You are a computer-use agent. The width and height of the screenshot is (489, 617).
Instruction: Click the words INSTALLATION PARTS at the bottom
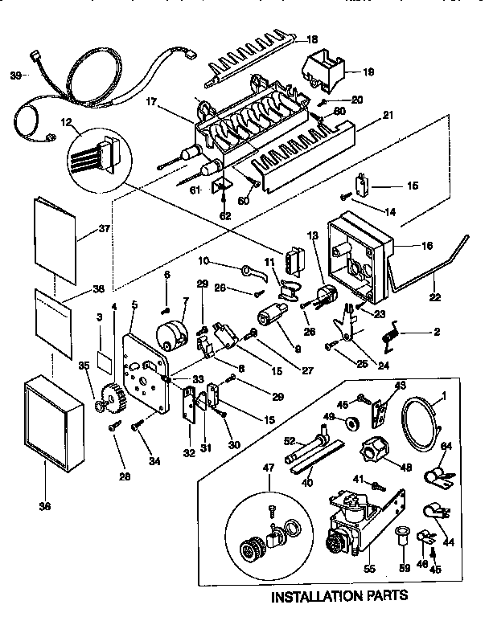339,596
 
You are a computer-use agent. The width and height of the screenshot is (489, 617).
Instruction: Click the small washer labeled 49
351,423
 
